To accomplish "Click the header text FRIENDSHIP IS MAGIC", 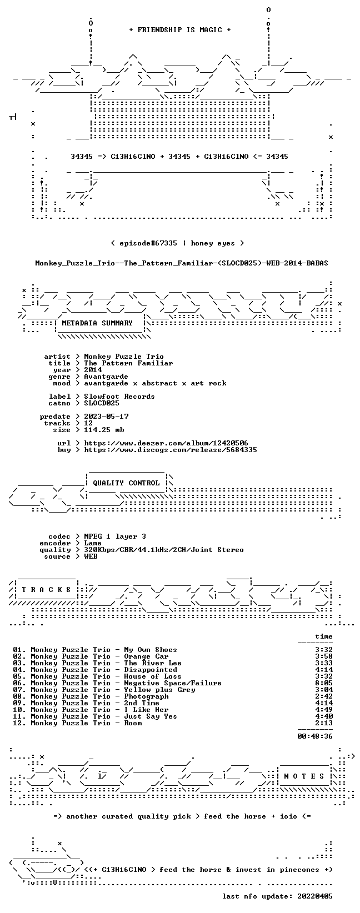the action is tap(180, 30).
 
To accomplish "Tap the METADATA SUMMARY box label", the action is tap(97, 323).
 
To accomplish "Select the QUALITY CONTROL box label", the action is tap(126, 483).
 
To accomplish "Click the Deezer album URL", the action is tap(166, 443).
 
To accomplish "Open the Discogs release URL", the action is tap(171, 450).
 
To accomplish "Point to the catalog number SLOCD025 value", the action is tap(102, 403).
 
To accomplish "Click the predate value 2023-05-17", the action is tap(106, 417).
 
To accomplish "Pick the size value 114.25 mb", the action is tap(104, 430).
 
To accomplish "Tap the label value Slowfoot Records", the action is tap(119, 397).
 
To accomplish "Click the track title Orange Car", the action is tap(146, 656).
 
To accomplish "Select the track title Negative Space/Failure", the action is tap(172, 683).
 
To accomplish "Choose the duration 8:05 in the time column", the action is tap(324, 683).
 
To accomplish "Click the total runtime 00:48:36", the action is tap(315, 736).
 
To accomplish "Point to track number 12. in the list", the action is tap(19, 723).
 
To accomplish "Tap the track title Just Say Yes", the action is tap(151, 716).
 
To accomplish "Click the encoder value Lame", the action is tap(93, 543).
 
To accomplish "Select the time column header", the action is tap(324, 636).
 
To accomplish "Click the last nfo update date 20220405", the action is tap(315, 896).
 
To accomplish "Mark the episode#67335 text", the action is tap(148, 243).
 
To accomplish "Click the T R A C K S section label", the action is tap(47, 590).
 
